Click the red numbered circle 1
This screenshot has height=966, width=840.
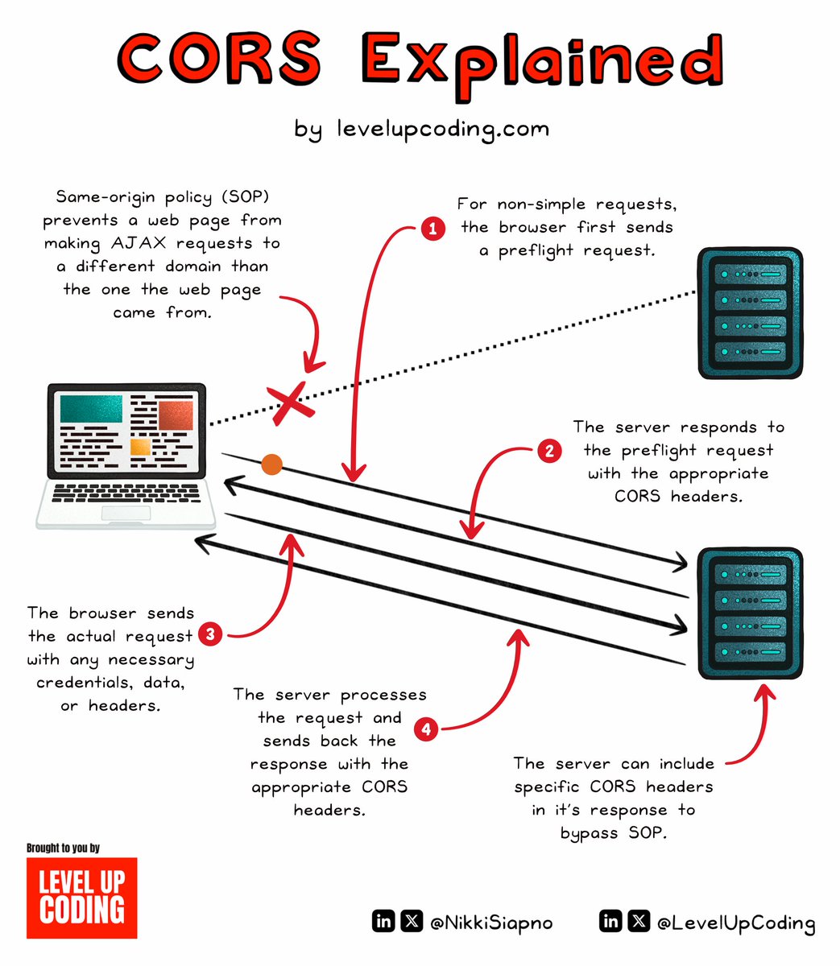point(433,229)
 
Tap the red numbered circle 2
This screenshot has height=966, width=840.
point(549,450)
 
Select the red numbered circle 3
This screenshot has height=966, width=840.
point(210,634)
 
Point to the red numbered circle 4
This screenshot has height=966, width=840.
point(426,730)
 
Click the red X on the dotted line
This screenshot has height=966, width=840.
point(290,403)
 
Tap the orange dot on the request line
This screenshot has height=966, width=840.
point(271,464)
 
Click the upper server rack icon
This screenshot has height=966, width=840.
point(750,313)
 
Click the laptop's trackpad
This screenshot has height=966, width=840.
point(125,514)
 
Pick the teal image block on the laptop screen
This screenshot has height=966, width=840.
point(92,411)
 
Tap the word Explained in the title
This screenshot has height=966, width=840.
point(541,62)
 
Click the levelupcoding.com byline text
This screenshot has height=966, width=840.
point(422,129)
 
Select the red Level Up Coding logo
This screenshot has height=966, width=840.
point(81,897)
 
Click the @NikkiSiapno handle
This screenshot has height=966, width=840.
point(492,923)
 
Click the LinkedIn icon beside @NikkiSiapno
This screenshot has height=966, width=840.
point(384,921)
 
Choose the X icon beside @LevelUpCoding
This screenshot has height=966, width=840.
point(639,921)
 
